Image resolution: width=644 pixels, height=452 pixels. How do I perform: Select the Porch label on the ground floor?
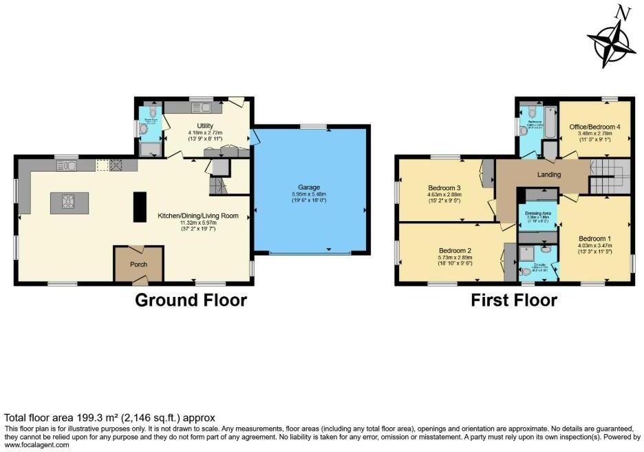[x=138, y=264]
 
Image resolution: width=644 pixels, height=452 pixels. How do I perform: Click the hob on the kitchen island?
[x=69, y=202]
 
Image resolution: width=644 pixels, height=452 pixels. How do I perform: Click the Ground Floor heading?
[x=191, y=300]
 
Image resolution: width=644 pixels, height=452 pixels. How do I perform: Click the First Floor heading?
[x=513, y=300]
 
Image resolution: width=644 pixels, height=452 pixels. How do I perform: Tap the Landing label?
[x=549, y=174]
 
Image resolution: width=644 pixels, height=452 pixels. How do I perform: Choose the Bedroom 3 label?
[x=444, y=187]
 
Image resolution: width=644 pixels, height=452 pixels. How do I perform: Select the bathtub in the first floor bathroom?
[x=550, y=121]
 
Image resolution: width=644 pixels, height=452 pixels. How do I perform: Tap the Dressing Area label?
[x=537, y=214]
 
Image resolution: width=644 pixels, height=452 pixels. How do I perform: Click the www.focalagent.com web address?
[x=36, y=445]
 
